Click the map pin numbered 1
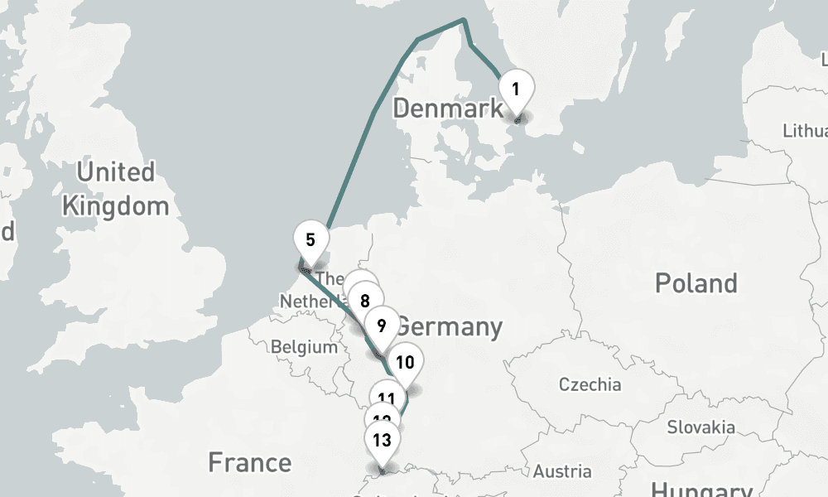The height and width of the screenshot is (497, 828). click(x=515, y=88)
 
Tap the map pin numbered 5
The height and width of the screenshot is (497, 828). click(x=310, y=241)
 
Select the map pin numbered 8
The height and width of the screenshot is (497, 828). click(x=365, y=298)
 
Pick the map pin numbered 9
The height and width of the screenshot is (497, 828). click(x=381, y=324)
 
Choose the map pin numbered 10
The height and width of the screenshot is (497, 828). click(x=405, y=362)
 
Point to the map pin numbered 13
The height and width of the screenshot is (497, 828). click(x=382, y=440)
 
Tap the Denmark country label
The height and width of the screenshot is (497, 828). click(x=447, y=108)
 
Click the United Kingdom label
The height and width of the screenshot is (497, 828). click(x=115, y=189)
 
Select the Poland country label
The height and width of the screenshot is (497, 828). click(x=696, y=283)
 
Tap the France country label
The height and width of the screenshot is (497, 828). click(x=249, y=462)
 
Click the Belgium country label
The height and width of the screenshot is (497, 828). click(x=304, y=347)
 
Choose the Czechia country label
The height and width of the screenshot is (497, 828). click(x=590, y=384)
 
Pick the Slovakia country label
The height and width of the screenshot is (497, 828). click(x=700, y=427)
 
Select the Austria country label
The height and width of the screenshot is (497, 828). click(x=563, y=471)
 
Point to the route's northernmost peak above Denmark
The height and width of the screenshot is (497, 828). click(x=464, y=20)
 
